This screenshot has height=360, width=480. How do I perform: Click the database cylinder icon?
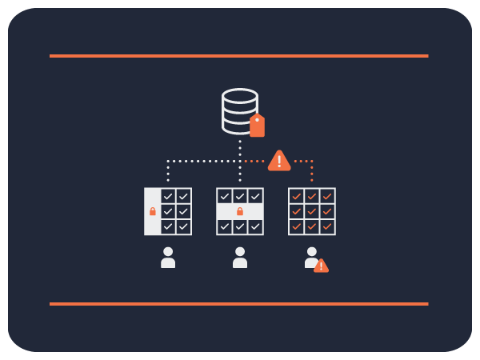238,110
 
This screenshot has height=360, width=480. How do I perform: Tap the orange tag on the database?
257,126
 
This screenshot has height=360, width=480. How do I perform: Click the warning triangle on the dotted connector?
279,161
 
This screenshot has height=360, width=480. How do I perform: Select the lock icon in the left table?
153,211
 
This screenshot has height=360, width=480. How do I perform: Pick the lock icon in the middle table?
240,211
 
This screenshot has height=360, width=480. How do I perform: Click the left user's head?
168,252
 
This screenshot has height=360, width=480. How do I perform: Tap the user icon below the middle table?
240,258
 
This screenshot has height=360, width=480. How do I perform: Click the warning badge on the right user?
321,266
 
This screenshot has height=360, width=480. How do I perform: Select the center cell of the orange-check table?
312,211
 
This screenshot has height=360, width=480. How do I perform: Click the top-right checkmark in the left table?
183,196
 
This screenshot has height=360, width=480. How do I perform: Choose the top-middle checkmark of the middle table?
240,196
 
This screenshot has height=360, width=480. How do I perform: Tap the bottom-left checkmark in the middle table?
225,226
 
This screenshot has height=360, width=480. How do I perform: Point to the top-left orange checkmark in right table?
297,196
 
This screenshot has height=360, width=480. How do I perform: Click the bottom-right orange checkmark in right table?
327,226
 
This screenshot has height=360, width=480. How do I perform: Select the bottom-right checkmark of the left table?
183,226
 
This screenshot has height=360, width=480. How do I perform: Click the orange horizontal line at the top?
238,56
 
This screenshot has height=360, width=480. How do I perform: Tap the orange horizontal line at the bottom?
238,304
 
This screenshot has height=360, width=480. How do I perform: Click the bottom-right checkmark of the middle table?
255,226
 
